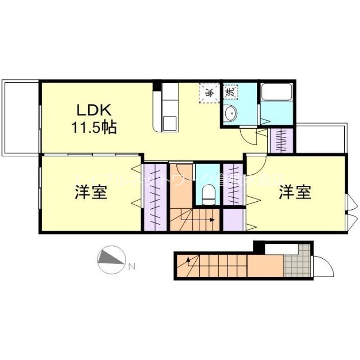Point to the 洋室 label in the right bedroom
[x=295, y=193]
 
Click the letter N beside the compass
[x=132, y=266]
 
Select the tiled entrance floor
[x=297, y=261]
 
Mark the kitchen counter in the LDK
[x=167, y=108]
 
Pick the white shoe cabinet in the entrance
[x=281, y=248]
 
